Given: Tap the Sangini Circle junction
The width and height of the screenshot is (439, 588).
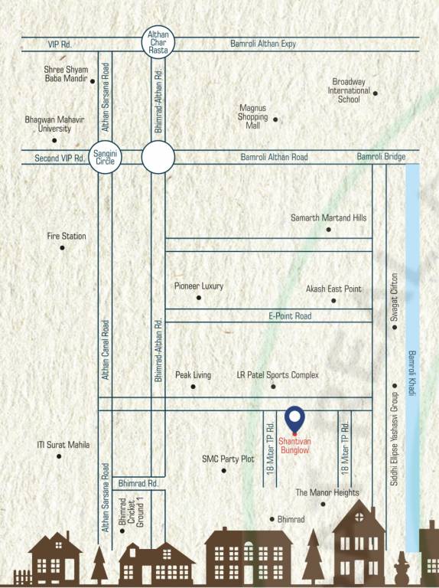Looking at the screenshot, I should pos(104,158).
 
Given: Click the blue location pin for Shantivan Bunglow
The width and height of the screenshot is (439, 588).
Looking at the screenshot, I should pos(294,420).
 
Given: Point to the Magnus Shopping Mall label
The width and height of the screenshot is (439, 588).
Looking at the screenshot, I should pos(253,117).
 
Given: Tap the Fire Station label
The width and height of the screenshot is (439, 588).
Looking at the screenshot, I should pos(67,237).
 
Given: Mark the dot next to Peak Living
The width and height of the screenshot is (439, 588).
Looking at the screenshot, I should pos(193,387).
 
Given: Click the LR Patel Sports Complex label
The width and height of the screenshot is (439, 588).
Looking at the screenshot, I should pos(278,375).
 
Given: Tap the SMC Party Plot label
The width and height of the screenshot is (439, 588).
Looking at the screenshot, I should pos(227,459).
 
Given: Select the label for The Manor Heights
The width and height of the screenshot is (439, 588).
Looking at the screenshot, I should pos(327,492).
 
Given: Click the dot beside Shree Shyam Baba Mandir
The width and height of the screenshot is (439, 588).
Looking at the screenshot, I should pos(93,80).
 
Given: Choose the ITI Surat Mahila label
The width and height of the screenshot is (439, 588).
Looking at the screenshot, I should pos(63,445).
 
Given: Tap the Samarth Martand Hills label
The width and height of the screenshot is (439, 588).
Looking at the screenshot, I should pos(328,218).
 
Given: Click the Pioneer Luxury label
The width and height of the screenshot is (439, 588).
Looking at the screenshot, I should pos(199,286).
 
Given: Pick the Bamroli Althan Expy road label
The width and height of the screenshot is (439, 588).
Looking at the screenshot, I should pos(263,44).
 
